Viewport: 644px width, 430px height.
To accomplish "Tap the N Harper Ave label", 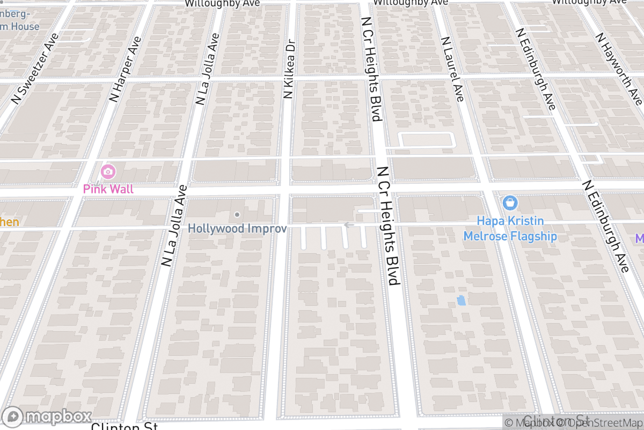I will pos(125,69).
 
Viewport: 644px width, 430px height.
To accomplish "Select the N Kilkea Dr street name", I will pos(289,68).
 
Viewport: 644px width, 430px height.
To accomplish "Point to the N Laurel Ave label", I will pos(452,69).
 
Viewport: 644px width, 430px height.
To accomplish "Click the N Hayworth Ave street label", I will pos(618,68).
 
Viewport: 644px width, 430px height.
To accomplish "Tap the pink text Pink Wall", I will pos(108,189).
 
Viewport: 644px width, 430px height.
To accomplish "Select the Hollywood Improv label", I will pos(237,228).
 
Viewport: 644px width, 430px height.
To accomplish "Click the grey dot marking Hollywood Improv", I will pos(237,215).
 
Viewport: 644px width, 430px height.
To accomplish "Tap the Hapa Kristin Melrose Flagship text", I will pos(510,228).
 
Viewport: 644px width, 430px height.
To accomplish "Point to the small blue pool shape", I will pos(461,300).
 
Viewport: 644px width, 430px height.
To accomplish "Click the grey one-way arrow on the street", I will pos(348,225).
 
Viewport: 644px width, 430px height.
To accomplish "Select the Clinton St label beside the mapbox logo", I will pos(124,427).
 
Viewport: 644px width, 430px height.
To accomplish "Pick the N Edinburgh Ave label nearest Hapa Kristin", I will pos(606,226).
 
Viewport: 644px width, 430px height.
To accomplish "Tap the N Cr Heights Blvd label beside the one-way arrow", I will pos(389,225).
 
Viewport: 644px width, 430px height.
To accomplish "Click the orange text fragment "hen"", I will pos(10,222).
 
